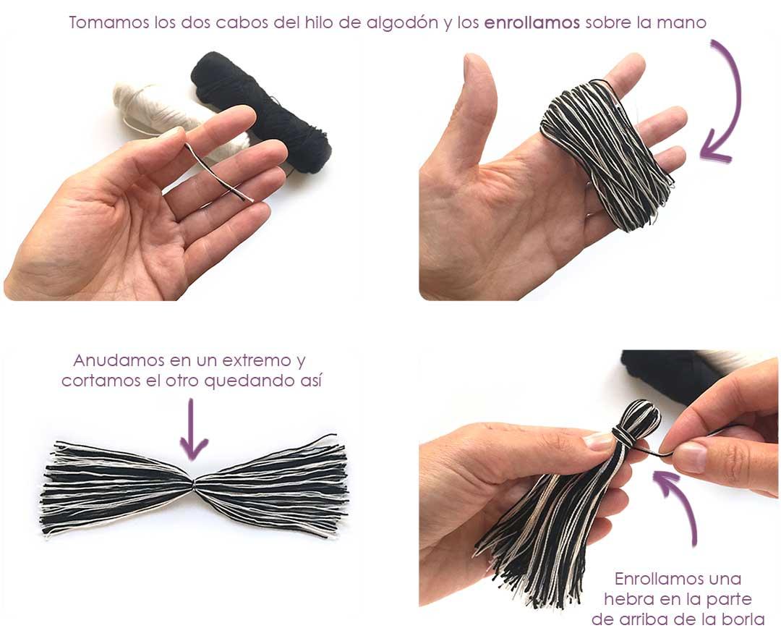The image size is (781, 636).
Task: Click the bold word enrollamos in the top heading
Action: (532, 22)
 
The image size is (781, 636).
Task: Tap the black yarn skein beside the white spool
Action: (268, 109)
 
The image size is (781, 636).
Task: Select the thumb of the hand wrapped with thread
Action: (477, 109)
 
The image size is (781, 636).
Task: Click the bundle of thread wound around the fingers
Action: (607, 152)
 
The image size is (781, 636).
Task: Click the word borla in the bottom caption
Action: (745, 619)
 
